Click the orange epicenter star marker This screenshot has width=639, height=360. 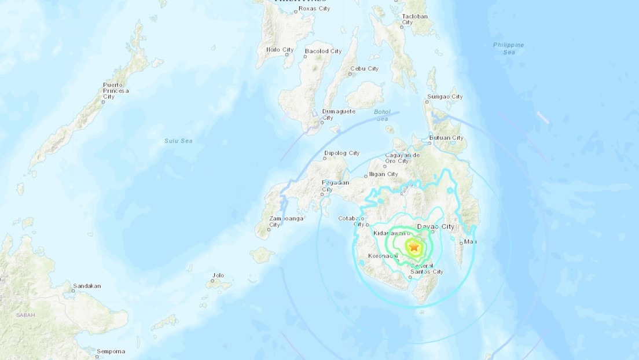point(414,247)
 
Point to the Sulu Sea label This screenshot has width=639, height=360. point(177,141)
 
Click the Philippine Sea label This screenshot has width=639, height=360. point(508,48)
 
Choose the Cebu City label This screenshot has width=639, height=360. point(364,69)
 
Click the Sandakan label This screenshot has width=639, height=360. point(87,286)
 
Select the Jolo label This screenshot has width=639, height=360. point(218,275)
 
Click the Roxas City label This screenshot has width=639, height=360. point(315,8)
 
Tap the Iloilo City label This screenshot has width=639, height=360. point(280,50)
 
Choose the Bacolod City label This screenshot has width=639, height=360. point(324,51)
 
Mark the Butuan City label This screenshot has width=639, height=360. point(446,138)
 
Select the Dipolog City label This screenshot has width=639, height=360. point(342,153)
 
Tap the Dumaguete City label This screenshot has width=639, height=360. point(339,114)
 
